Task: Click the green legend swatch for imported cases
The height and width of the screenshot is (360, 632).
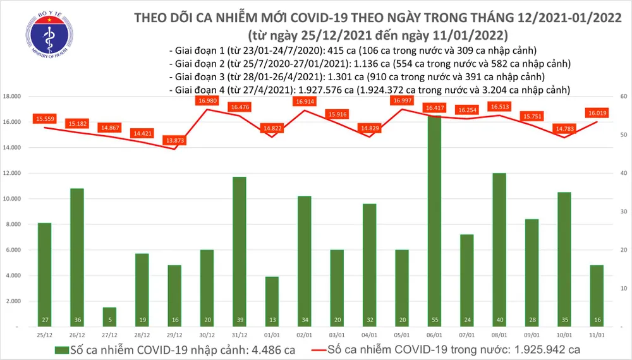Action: (x=63, y=349)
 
